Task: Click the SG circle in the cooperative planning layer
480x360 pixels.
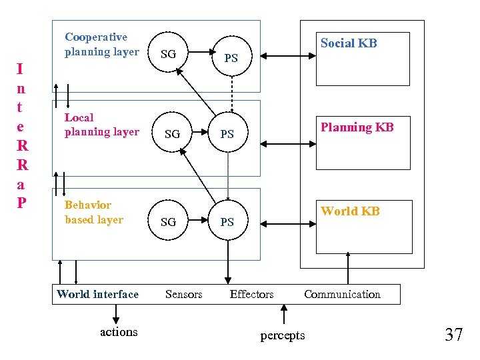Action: point(169,54)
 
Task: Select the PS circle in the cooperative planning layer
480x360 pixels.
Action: point(231,58)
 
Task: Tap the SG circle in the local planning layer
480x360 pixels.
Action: point(172,134)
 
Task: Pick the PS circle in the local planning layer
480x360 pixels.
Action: point(227,134)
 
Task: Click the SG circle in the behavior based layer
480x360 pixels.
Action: point(169,221)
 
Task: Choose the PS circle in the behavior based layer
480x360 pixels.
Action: point(227,221)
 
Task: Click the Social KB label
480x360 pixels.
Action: point(349,43)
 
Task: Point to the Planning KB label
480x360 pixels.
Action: point(357,127)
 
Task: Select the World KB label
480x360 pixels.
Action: point(350,211)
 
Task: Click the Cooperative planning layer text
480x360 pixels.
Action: point(101,44)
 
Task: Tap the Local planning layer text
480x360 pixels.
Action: point(101,125)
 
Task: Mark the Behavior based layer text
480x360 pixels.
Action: point(93,212)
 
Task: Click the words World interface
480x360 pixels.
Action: point(97,294)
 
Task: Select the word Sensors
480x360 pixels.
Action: point(183,294)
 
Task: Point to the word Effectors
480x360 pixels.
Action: point(251,294)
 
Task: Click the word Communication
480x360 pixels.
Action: point(342,294)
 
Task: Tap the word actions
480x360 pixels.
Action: point(118,331)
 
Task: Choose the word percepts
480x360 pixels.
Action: point(283,335)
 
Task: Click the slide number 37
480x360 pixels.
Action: point(453,335)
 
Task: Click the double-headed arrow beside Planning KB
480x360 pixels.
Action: point(280,143)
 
